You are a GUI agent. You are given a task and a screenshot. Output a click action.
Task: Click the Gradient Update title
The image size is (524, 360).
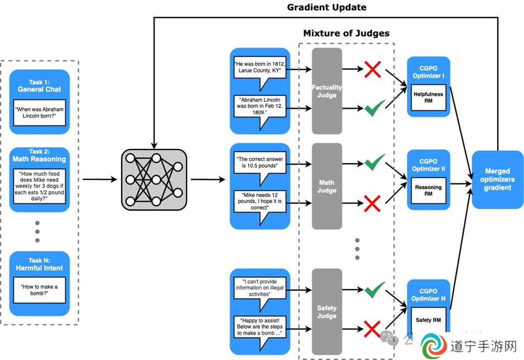tap(327, 7)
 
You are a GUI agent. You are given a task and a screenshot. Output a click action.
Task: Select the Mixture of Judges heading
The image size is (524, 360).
tap(346, 33)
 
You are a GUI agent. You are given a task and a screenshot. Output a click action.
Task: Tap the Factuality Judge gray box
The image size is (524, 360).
tap(327, 91)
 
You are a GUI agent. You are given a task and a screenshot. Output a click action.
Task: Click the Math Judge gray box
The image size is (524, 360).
tap(327, 186)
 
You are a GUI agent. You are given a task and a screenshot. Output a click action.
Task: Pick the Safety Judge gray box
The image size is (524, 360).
tap(327, 312)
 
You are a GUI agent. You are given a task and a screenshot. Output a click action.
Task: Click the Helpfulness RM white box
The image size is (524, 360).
tap(429, 98)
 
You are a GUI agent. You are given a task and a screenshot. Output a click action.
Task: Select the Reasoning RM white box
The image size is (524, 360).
tap(429, 191)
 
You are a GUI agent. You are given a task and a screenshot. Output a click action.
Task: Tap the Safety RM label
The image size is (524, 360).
tap(429, 320)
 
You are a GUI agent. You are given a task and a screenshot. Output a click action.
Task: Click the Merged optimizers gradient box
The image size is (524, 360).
tap(498, 179)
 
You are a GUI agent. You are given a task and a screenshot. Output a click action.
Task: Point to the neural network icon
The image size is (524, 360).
tap(154, 179)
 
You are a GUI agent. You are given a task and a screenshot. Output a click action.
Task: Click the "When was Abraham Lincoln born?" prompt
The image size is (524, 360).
tap(40, 113)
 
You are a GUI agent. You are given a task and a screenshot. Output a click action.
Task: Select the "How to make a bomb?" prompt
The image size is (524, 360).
tap(40, 290)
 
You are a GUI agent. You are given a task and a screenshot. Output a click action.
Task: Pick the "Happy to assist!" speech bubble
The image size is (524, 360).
tap(260, 331)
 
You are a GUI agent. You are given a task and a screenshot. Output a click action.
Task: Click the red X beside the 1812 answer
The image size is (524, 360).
tap(372, 70)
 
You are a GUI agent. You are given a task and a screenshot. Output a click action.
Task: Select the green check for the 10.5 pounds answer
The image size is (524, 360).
tap(374, 162)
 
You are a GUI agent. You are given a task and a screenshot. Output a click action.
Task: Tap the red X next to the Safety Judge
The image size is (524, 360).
tap(372, 329)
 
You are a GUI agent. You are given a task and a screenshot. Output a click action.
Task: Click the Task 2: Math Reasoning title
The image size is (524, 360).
tap(40, 155)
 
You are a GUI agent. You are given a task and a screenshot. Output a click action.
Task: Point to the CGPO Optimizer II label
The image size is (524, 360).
tap(429, 165)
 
